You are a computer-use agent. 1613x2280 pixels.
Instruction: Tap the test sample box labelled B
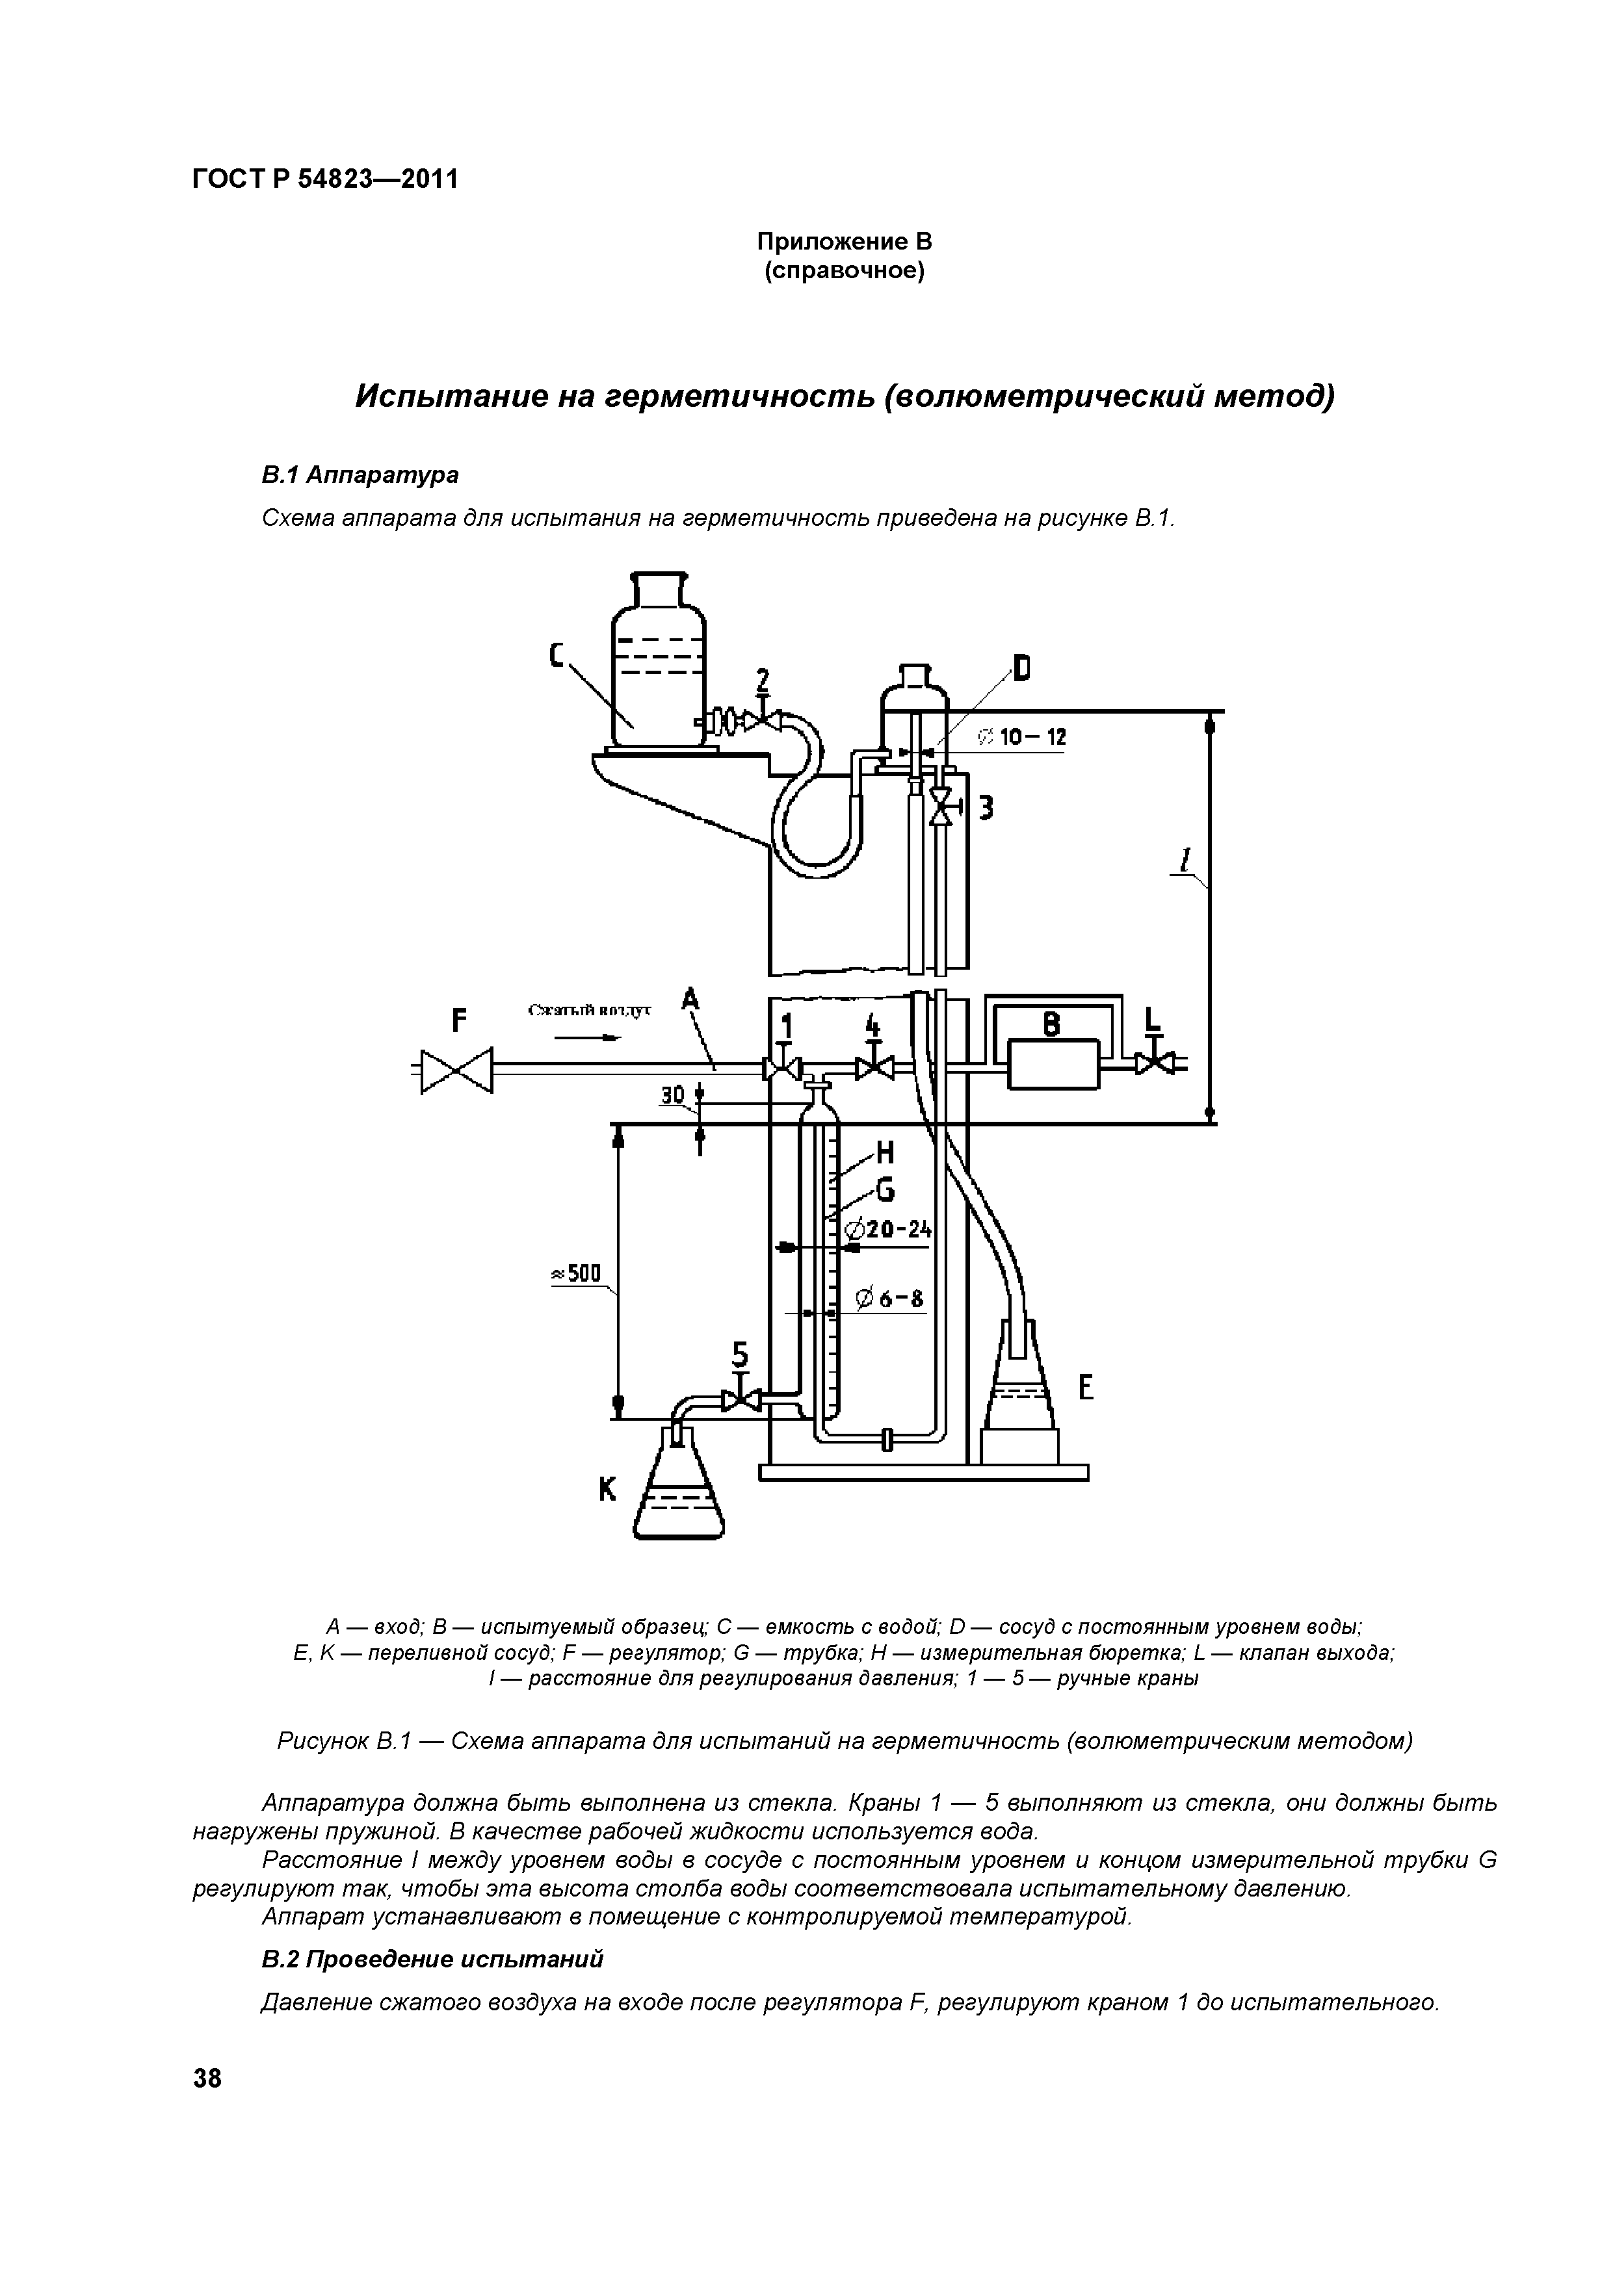tap(1053, 1065)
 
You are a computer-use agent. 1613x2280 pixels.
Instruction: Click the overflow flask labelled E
tap(1020, 1390)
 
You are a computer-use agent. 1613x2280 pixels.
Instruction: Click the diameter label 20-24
tap(887, 1230)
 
